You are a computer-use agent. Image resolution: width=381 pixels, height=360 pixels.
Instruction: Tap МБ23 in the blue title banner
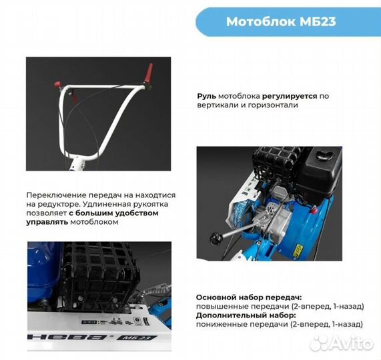tap(318, 21)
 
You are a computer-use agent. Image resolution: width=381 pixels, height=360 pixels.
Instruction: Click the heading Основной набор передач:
tap(249, 297)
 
